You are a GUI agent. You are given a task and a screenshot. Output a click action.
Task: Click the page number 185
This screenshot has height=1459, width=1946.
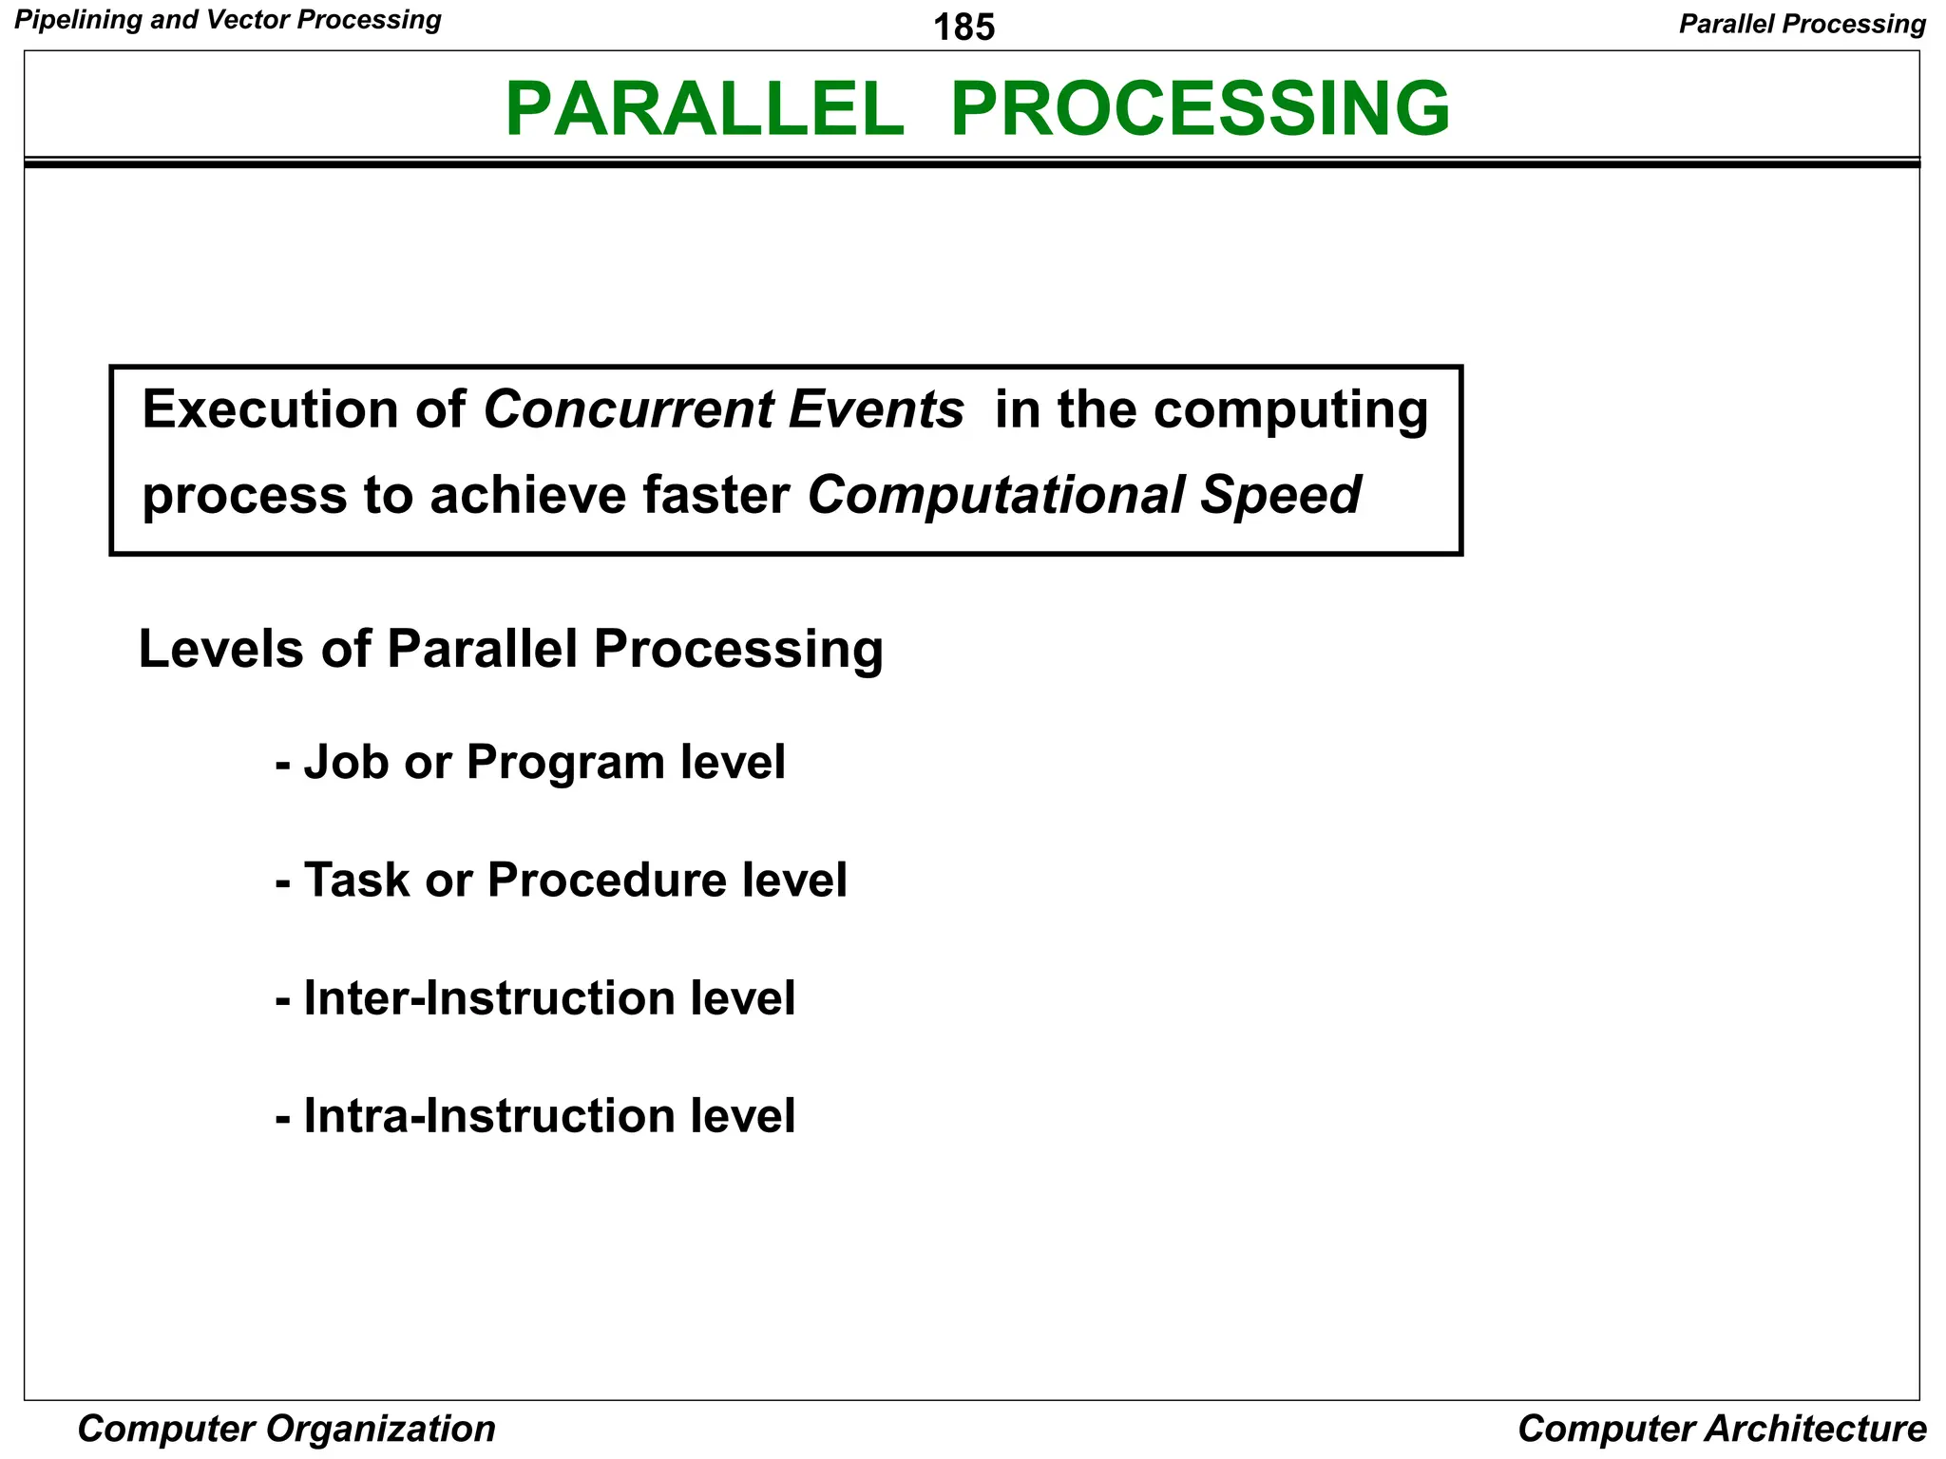963,28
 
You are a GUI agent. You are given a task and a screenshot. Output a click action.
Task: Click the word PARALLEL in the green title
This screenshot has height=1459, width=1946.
704,109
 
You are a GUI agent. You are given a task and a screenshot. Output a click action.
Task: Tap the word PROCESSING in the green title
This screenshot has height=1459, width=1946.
1199,109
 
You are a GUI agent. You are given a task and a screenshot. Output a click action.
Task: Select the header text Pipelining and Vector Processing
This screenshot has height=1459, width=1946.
228,20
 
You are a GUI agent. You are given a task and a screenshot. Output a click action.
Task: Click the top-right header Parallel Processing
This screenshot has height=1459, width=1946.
1802,24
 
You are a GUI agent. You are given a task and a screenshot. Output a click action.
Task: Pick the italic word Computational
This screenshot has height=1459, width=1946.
996,496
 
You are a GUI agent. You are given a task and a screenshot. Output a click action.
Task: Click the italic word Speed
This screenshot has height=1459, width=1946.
1280,496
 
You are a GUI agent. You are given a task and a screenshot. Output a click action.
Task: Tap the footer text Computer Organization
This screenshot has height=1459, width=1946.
286,1429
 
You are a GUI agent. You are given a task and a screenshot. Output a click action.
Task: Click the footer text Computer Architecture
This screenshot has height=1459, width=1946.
1722,1429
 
